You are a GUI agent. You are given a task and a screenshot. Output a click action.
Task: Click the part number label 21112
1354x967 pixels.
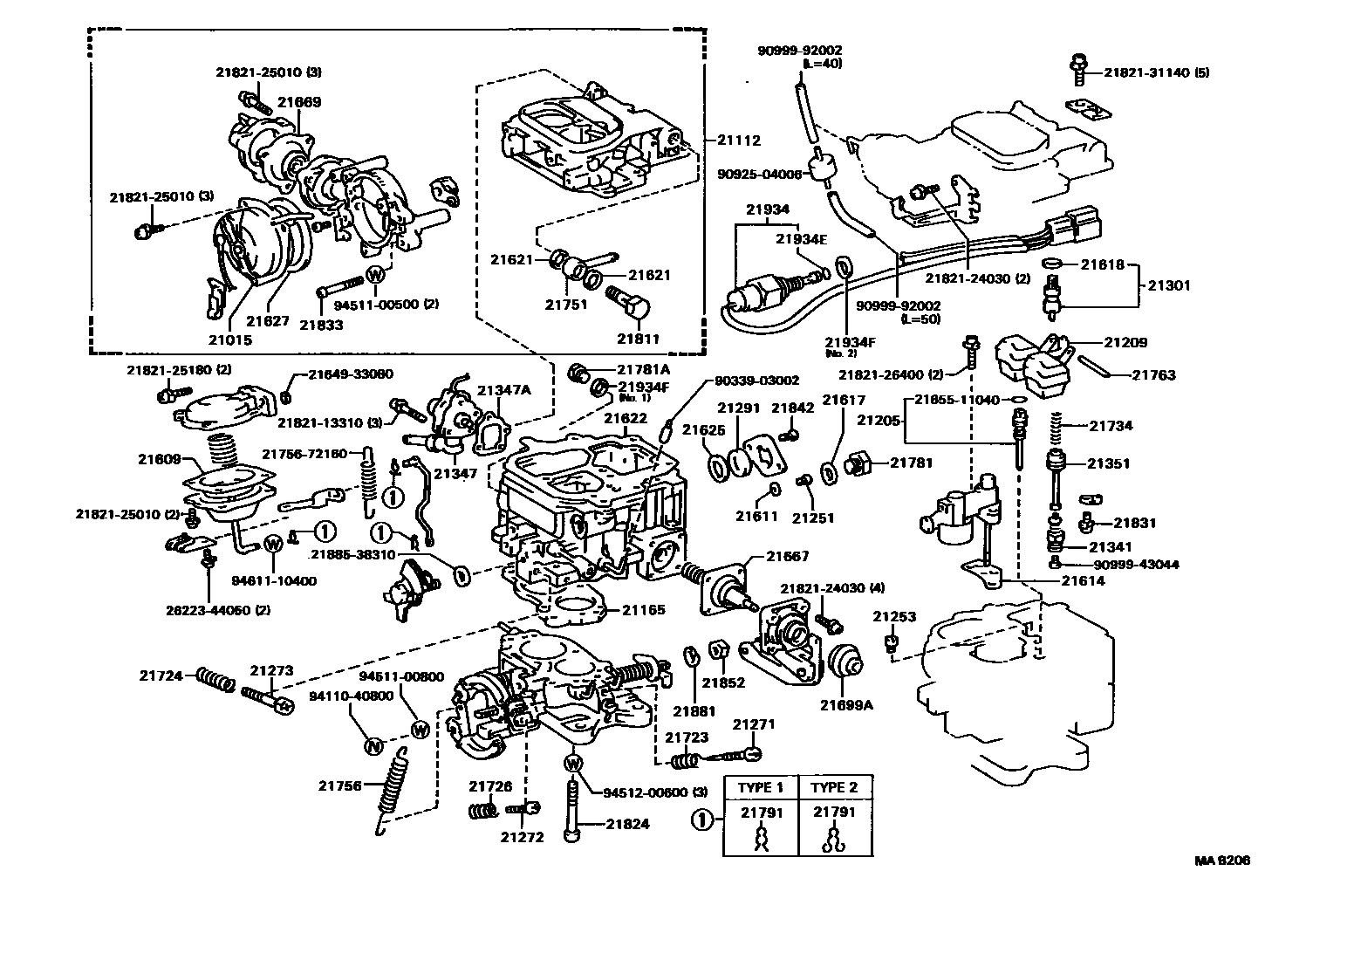pos(739,140)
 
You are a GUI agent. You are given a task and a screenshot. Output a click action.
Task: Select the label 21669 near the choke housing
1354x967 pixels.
pos(299,102)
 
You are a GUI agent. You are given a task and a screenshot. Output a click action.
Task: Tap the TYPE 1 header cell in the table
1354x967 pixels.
pos(761,787)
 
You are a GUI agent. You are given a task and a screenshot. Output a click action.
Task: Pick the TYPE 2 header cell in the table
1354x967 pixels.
pos(834,787)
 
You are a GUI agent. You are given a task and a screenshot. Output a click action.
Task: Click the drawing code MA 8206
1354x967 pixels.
pos(1222,861)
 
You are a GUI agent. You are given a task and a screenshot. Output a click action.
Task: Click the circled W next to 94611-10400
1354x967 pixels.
pos(271,543)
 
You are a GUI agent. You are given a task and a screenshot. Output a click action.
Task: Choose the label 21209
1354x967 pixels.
pos(1126,343)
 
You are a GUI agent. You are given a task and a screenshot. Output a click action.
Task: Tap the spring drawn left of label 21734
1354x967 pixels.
pos(1057,425)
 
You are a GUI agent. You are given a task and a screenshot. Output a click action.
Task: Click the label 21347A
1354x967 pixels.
pos(503,389)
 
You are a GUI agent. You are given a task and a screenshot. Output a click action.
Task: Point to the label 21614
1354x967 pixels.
pos(1083,580)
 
